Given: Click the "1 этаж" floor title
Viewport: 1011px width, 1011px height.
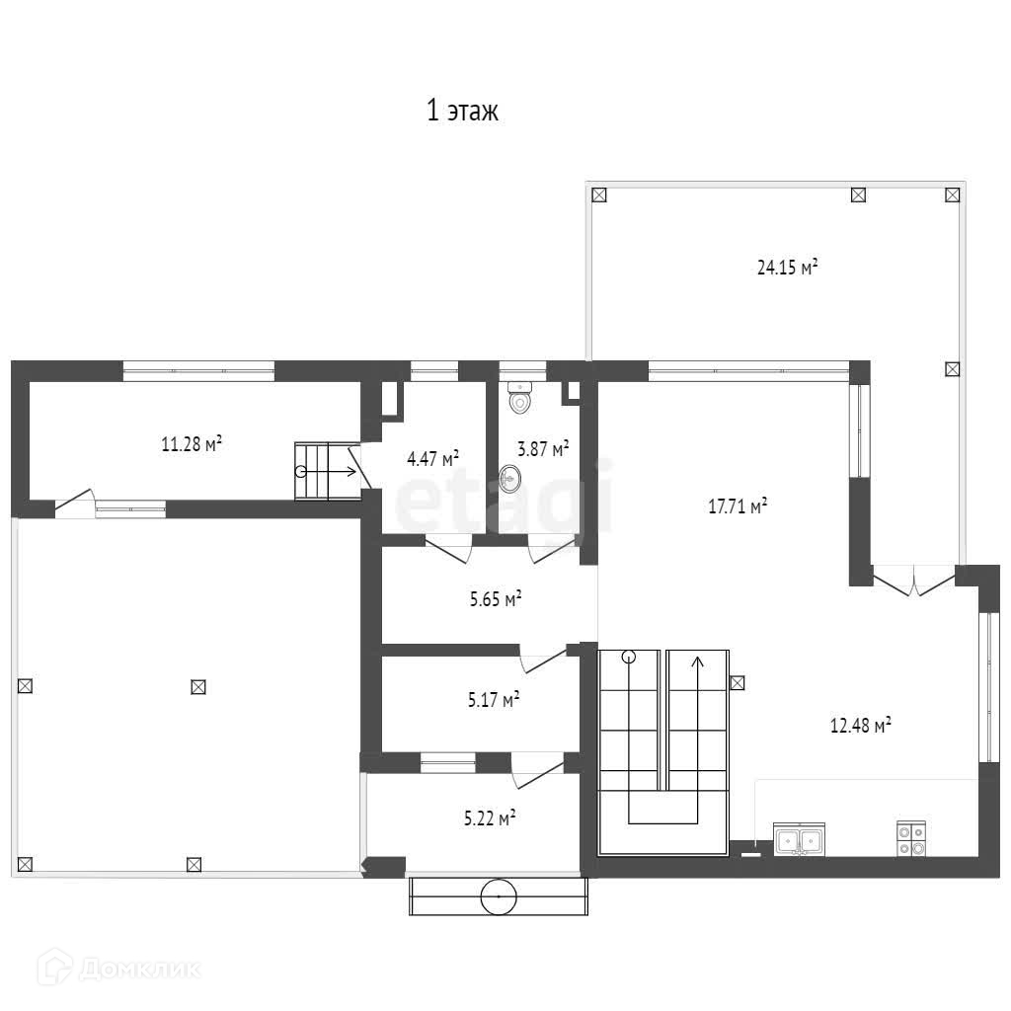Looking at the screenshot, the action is click(462, 111).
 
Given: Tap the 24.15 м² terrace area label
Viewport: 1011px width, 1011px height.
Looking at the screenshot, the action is click(787, 267).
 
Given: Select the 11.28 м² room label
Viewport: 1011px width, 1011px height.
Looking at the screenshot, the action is click(192, 443).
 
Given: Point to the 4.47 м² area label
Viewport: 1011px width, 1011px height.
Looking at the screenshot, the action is click(432, 458).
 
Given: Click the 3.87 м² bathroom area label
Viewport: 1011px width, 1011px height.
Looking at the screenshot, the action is click(543, 448).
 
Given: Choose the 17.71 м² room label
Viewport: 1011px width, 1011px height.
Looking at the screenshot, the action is click(738, 505).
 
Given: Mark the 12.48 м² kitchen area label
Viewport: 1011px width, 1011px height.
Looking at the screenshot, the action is click(860, 726).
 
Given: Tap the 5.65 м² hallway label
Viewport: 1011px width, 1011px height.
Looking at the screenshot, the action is click(496, 599).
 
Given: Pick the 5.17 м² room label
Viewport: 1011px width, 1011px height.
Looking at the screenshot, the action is click(494, 699).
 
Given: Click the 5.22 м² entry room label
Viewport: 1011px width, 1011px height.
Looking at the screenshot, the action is click(490, 818).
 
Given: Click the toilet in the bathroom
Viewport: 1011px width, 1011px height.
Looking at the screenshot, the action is click(519, 398).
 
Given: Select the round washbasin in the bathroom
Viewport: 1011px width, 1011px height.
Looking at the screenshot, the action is click(510, 479).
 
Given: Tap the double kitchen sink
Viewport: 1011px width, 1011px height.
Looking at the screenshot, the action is click(799, 839).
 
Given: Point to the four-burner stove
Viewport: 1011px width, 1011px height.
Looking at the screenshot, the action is click(911, 839).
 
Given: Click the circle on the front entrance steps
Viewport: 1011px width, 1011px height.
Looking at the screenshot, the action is click(499, 896).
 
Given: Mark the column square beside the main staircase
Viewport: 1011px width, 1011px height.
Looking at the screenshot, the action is click(737, 682).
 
